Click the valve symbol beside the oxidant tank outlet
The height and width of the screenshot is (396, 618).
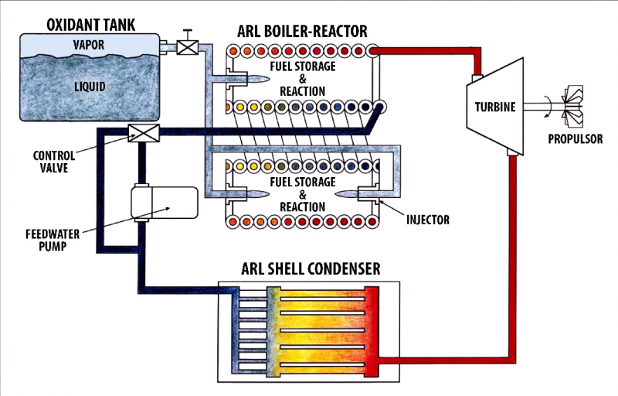tap(187, 46)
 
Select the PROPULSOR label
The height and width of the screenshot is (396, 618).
tap(576, 140)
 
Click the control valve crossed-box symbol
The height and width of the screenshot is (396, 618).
tap(142, 132)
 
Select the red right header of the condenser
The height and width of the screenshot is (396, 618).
tap(372, 325)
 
